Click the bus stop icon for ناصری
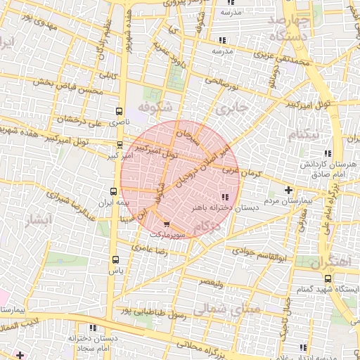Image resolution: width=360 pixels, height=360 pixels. tap(118, 111)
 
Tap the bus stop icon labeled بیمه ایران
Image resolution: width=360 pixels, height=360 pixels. tap(114, 191)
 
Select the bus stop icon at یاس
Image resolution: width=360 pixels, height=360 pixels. tap(116, 259)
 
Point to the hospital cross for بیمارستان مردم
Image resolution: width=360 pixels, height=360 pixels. tap(288, 190)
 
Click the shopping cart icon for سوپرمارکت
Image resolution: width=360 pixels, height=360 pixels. tap(166, 225)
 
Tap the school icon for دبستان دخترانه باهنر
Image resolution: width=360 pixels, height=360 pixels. tap(224, 197)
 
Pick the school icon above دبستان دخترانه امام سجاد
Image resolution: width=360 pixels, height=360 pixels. tap(93, 328)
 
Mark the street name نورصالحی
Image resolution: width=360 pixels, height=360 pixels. tap(223, 83)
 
